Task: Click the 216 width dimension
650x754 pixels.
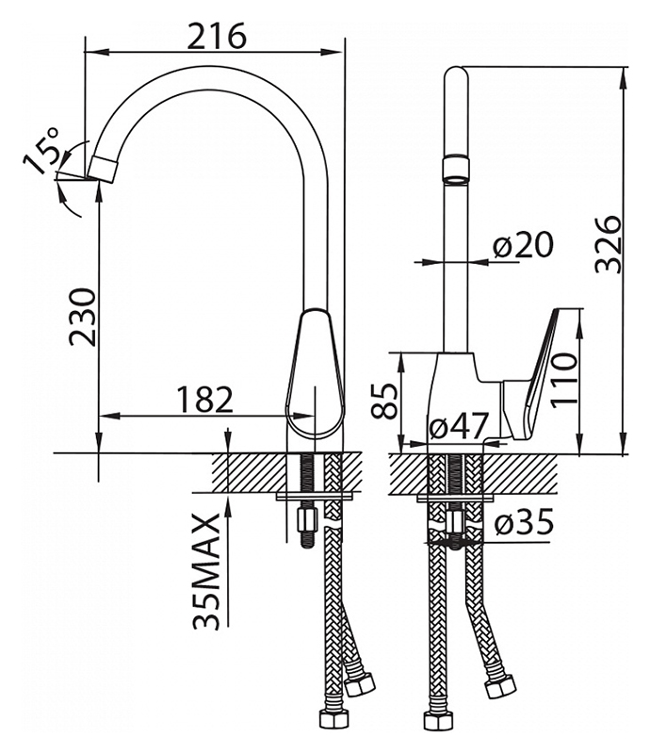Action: pyautogui.click(x=217, y=36)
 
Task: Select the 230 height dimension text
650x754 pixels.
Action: pyautogui.click(x=82, y=317)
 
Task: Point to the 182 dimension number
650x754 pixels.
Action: pyautogui.click(x=204, y=399)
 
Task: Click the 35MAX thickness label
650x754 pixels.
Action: pyautogui.click(x=206, y=571)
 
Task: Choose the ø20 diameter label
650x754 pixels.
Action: pyautogui.click(x=523, y=245)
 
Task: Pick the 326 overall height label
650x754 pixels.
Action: pyautogui.click(x=609, y=244)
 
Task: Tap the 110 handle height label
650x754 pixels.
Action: pyautogui.click(x=563, y=380)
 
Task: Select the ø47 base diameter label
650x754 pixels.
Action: pyautogui.click(x=459, y=425)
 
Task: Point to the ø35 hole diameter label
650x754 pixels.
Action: pyautogui.click(x=524, y=522)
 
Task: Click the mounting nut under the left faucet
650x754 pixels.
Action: pyautogui.click(x=307, y=519)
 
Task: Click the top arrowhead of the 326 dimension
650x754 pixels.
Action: pyautogui.click(x=625, y=77)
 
